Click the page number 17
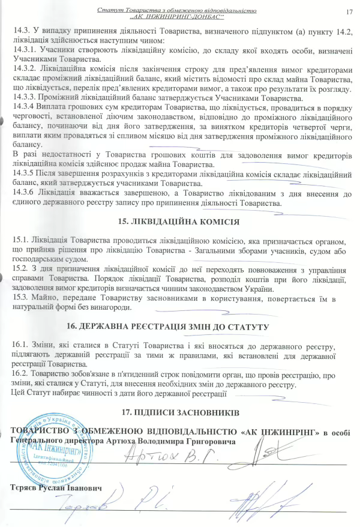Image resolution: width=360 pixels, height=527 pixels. (x=349, y=11)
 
